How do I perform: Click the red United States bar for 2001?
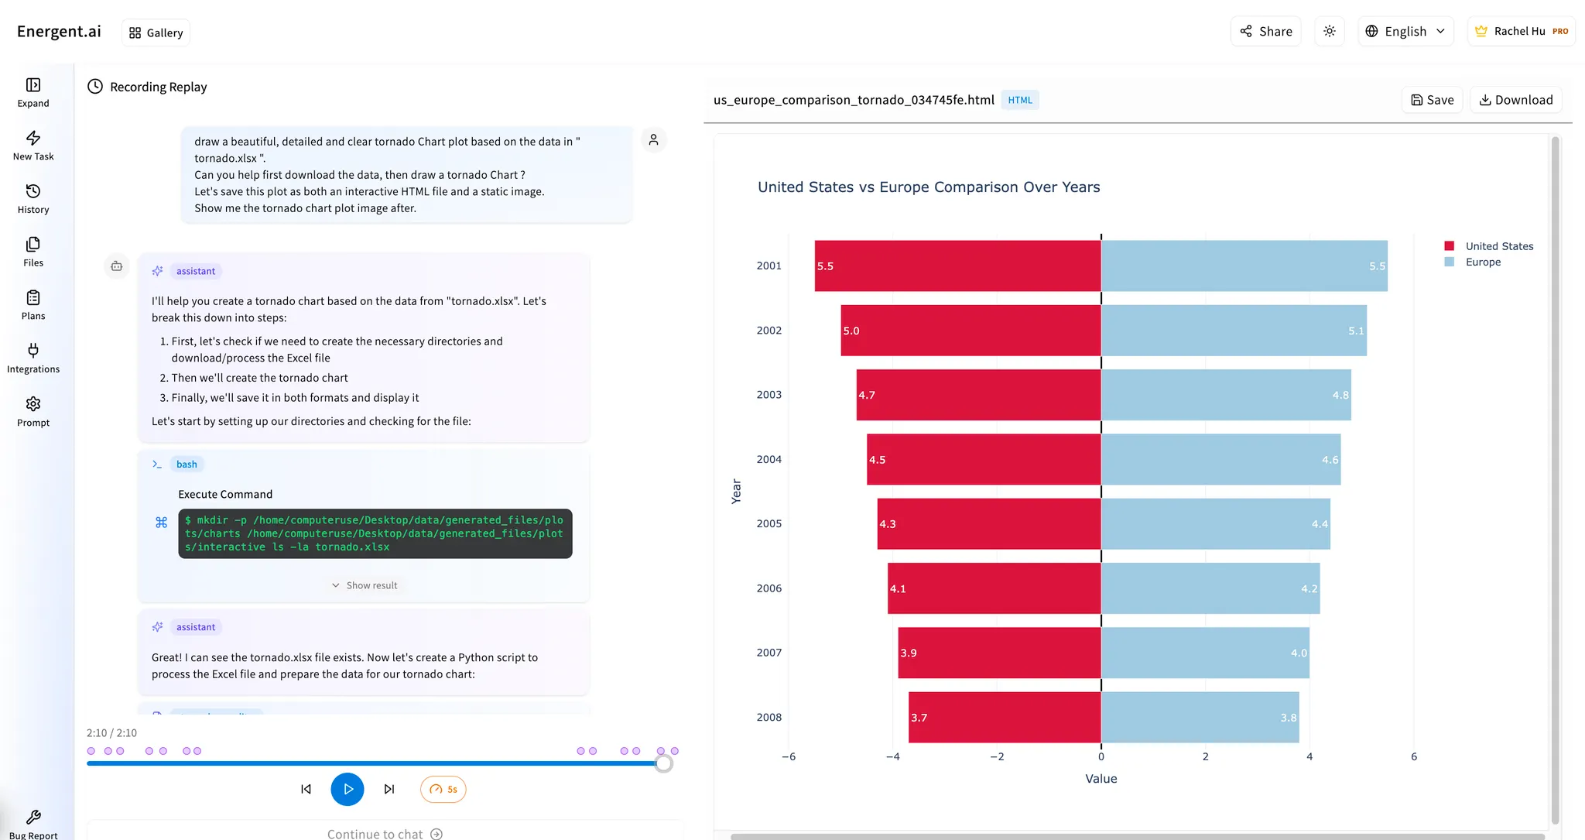pyautogui.click(x=957, y=266)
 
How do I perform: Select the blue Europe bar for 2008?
pyautogui.click(x=1200, y=717)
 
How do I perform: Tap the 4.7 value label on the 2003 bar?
pyautogui.click(x=867, y=395)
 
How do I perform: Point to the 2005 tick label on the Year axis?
pyautogui.click(x=769, y=523)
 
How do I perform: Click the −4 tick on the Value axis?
pyautogui.click(x=892, y=756)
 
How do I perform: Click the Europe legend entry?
pyautogui.click(x=1482, y=262)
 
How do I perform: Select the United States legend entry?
pyautogui.click(x=1498, y=246)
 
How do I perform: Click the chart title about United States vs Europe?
pyautogui.click(x=928, y=187)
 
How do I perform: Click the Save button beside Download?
pyautogui.click(x=1432, y=100)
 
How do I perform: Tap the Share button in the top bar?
pyautogui.click(x=1266, y=31)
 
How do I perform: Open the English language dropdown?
pyautogui.click(x=1405, y=31)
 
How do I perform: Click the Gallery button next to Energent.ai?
pyautogui.click(x=156, y=33)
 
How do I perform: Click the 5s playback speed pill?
pyautogui.click(x=443, y=789)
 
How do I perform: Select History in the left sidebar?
pyautogui.click(x=33, y=198)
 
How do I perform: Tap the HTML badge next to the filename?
pyautogui.click(x=1019, y=100)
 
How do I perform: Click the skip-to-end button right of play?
pyautogui.click(x=389, y=789)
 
